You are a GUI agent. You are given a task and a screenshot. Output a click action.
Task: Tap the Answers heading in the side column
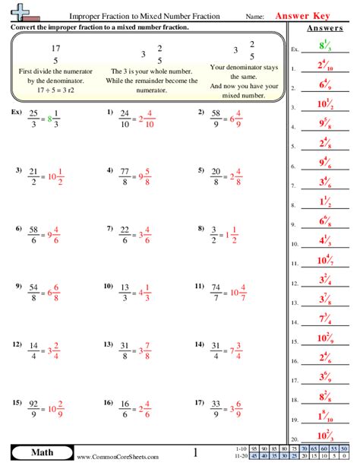click(x=324, y=30)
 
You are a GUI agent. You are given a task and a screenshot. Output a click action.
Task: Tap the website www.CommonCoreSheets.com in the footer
click(x=117, y=457)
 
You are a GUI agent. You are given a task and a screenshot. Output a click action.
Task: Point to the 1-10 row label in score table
click(x=242, y=449)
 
